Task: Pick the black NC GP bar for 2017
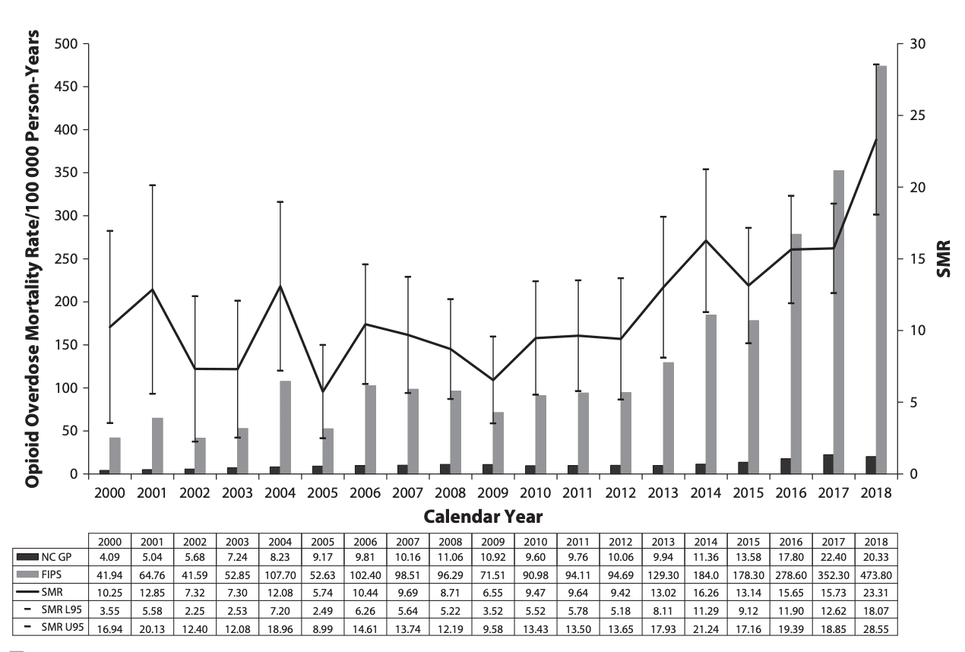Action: coord(827,464)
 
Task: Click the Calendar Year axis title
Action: coord(483,518)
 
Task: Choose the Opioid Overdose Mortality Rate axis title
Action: coord(33,258)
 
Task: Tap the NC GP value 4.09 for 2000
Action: coord(109,556)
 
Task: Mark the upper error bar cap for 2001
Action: coord(152,185)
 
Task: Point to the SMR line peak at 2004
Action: coord(280,286)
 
